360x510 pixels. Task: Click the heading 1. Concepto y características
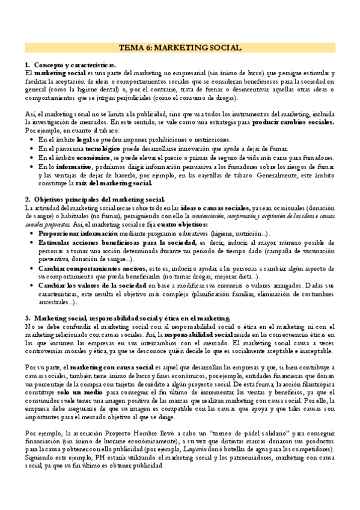[x=70, y=64]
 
